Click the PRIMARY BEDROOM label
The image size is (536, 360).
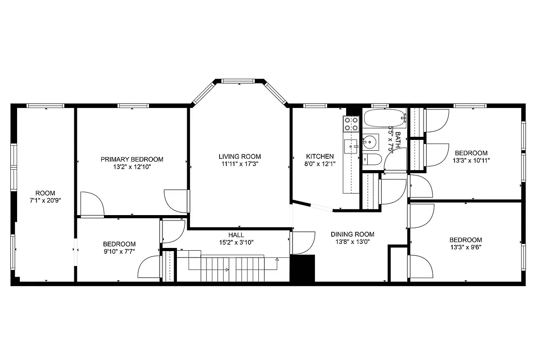coord(131,159)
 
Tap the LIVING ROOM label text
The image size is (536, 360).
coord(239,157)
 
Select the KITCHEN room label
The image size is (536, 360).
coord(320,157)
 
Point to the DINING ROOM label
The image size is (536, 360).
coord(352,234)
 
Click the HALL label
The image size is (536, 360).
coord(236,235)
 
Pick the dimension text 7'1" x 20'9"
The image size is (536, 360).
coord(45,201)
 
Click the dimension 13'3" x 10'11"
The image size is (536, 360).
coord(471,160)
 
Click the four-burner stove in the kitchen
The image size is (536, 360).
coord(351,124)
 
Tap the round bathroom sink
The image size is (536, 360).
coord(370,143)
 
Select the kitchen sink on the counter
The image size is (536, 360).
coord(350,145)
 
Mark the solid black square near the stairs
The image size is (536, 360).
coord(302,268)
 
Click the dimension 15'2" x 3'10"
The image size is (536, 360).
coord(236,242)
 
